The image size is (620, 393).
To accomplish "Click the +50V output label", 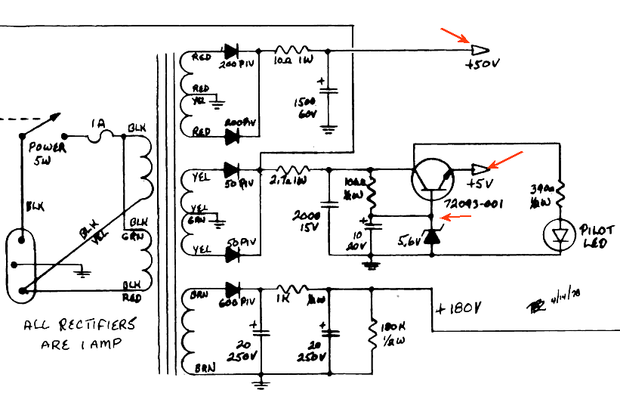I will coord(483,66).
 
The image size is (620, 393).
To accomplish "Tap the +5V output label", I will coord(480,184).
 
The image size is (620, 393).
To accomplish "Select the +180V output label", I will coord(458,309).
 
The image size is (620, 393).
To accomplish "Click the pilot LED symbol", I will coord(560,235).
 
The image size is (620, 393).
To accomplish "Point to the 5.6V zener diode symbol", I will coord(431,237).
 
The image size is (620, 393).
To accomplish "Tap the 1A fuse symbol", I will coord(102,136).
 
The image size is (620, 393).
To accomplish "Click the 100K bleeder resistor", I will coord(372,333).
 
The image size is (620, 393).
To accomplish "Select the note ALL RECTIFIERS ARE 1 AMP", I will coord(80,333).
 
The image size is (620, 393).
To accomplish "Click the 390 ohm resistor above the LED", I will coord(560,196).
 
